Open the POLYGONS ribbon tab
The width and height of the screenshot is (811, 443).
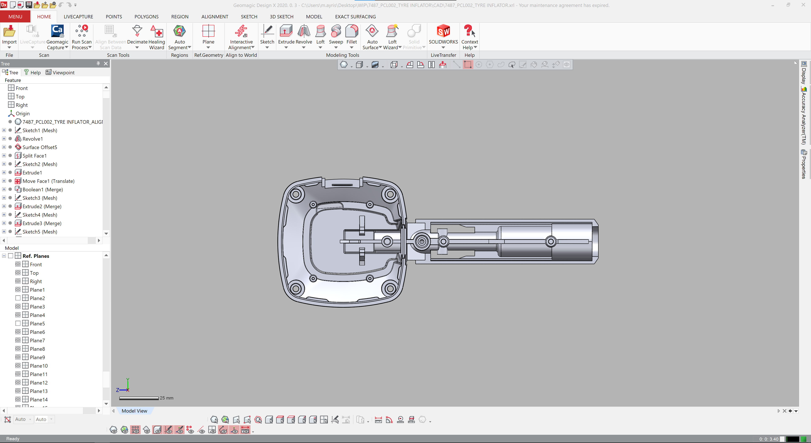146,17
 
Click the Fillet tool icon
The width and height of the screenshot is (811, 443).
351,31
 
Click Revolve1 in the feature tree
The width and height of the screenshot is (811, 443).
33,139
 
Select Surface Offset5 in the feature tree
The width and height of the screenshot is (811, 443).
40,147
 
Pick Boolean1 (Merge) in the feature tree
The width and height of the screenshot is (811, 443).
42,190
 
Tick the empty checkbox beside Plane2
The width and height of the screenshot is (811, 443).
18,298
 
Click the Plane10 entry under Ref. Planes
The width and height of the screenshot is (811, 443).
39,366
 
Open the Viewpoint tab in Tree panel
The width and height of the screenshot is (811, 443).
60,72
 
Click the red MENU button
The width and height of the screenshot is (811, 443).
15,17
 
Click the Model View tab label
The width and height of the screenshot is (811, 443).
135,411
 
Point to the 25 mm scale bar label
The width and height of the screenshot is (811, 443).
167,398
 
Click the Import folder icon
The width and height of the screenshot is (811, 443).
9,31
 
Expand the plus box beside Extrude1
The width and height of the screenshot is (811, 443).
4,173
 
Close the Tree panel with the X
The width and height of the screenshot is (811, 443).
106,64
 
